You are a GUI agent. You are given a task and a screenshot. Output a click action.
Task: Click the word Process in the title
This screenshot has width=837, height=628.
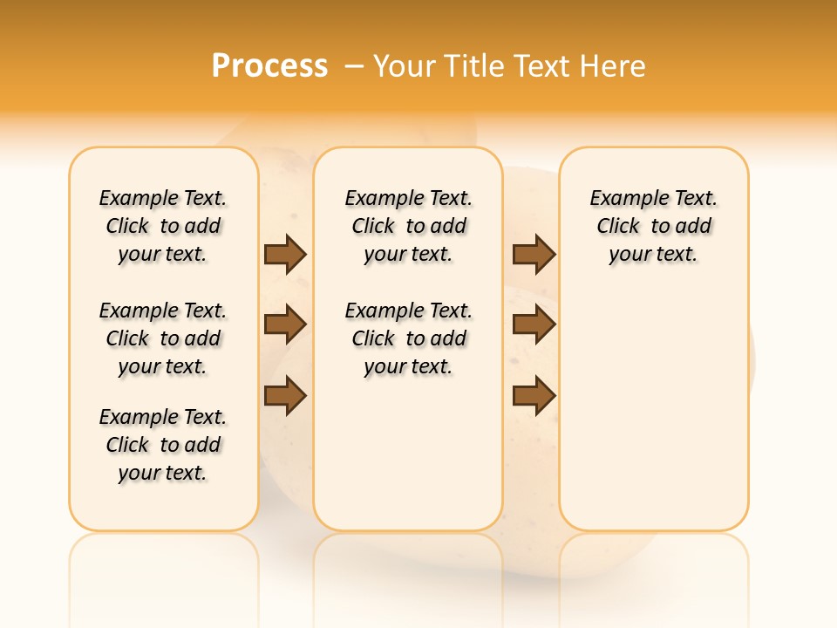tap(269, 65)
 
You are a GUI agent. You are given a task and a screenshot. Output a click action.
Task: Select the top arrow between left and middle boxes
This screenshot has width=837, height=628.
tap(285, 254)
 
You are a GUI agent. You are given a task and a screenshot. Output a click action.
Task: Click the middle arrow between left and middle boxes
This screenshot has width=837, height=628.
tap(285, 325)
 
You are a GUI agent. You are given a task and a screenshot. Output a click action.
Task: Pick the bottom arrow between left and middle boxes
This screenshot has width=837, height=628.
tap(285, 396)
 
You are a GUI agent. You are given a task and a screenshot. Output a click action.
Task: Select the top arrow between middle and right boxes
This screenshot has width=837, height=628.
tap(534, 254)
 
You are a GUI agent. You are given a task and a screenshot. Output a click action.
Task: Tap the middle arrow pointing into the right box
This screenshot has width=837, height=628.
tap(534, 325)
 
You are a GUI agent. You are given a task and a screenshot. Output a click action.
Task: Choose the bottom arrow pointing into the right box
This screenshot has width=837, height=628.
tap(534, 396)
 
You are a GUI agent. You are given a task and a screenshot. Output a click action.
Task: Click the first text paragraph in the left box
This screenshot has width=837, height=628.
tap(163, 226)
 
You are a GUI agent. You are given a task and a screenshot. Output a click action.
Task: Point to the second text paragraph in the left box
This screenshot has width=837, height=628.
tap(163, 338)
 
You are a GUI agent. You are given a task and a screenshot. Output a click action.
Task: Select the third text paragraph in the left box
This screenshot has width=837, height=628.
tap(163, 445)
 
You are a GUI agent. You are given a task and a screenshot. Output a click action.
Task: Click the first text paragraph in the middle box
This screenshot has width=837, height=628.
tap(408, 226)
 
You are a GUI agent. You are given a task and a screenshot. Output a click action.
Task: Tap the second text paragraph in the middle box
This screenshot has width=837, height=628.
tap(408, 338)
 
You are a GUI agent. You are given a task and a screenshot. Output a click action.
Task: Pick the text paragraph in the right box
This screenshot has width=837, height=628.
tap(654, 226)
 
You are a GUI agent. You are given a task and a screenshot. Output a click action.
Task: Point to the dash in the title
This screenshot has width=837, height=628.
tap(353, 65)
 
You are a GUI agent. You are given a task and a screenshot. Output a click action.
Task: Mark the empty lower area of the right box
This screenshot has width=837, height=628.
tap(654, 410)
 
